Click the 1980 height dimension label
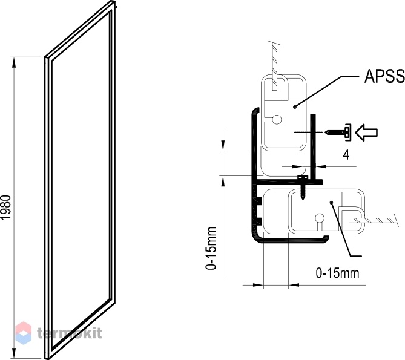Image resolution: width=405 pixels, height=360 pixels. click(x=5, y=208)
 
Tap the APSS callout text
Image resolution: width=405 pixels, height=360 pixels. click(x=384, y=77)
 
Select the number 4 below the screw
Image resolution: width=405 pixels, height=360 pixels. click(x=346, y=155)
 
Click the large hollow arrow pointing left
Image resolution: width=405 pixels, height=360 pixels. click(x=366, y=133)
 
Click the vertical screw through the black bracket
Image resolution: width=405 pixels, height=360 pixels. click(x=303, y=188)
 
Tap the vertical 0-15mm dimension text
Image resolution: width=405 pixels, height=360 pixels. click(x=211, y=248)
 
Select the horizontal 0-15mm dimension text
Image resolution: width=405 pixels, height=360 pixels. click(x=337, y=273)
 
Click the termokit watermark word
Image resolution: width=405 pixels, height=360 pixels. click(x=70, y=333)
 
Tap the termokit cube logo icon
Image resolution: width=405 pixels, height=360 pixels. click(x=24, y=333)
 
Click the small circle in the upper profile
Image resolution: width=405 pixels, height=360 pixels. click(x=277, y=119)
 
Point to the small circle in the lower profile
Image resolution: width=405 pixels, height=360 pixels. click(x=320, y=218)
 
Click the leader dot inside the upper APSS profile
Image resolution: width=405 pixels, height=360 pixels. click(x=294, y=107)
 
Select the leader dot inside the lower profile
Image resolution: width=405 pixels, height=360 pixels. click(x=331, y=203)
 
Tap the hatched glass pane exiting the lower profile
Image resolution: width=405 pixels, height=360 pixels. click(x=372, y=221)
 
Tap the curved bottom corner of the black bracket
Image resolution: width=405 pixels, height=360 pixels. click(x=255, y=237)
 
